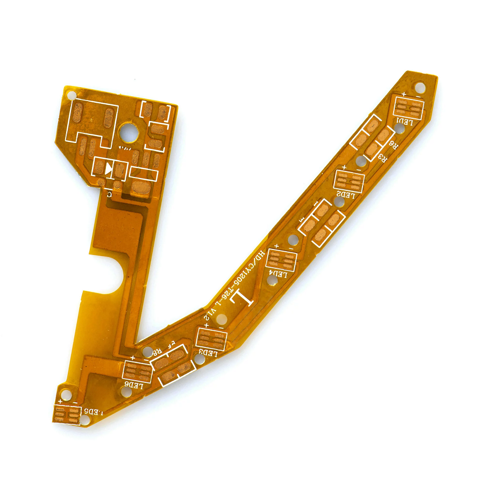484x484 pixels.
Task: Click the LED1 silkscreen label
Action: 405,122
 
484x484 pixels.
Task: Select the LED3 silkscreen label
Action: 208,353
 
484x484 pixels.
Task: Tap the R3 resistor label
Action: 382,157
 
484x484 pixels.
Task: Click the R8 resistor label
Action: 156,353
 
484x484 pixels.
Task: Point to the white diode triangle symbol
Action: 109,169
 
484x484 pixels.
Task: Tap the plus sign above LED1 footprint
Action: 403,95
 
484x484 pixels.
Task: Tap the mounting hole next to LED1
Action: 419,87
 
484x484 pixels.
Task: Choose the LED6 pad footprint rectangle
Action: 138,370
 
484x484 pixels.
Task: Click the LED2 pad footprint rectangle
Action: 349,180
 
